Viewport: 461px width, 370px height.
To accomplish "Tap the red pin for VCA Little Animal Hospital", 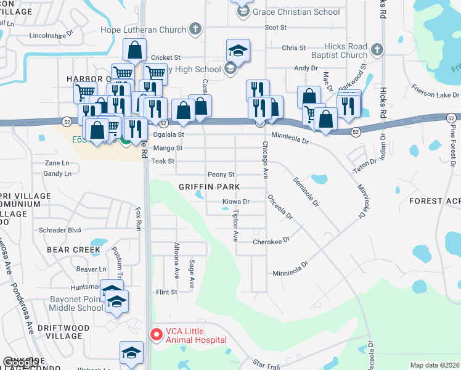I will click(156, 334).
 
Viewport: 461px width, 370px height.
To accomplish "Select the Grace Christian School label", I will click(296, 12).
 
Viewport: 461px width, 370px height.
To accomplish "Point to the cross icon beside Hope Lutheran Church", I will click(195, 29).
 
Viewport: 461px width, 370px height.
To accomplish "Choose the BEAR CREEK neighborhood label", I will click(73, 250).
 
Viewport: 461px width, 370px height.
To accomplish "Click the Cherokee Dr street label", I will click(271, 242).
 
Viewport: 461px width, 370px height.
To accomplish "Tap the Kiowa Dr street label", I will click(235, 202).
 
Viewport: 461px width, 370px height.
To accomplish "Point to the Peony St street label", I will click(221, 175).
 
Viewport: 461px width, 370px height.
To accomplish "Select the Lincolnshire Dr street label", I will click(51, 36).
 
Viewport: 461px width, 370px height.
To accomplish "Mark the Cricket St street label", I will click(165, 57).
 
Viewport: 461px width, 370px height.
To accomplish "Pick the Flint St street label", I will click(166, 292).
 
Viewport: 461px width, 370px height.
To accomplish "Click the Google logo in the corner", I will click(20, 363).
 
